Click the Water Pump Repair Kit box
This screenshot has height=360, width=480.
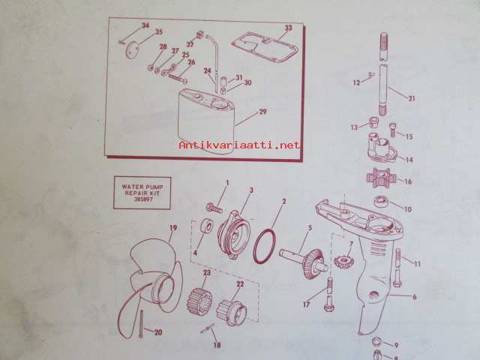(x=142, y=193)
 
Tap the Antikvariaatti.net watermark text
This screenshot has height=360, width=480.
(x=239, y=145)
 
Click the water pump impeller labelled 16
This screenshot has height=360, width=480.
(x=381, y=178)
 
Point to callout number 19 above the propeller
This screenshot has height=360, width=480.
(x=173, y=228)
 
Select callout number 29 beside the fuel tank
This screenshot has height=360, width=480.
(x=262, y=112)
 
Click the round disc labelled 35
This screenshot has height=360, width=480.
(x=132, y=49)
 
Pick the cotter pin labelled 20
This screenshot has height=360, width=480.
(x=141, y=323)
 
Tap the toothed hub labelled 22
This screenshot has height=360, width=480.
(x=232, y=312)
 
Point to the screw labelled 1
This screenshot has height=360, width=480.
(x=214, y=208)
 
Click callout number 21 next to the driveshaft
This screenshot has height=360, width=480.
(x=412, y=98)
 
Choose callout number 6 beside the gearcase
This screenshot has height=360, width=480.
(x=415, y=297)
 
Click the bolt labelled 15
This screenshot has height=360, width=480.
(x=393, y=130)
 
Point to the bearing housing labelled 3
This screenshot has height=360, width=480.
(x=234, y=235)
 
